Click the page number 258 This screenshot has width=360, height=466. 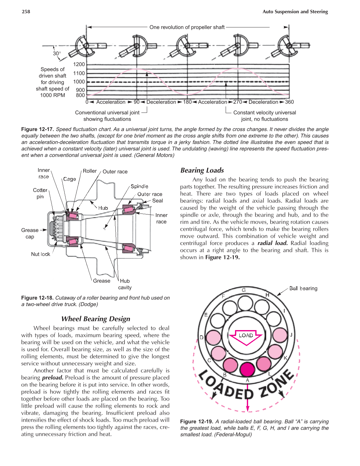26,12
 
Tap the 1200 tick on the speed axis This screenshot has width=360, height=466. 79,64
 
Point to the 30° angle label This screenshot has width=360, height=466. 57,53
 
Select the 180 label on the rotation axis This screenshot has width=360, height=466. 187,102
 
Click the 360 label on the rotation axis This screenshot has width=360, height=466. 289,102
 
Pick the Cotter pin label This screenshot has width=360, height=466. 40,193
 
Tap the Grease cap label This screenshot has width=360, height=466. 30,233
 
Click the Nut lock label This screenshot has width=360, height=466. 41,254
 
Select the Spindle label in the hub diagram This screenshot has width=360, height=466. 139,186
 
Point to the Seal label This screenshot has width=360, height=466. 157,201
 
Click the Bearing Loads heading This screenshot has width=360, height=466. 202,170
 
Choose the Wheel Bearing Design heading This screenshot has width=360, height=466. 96,319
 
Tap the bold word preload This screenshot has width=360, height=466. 53,377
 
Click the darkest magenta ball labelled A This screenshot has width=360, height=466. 247,370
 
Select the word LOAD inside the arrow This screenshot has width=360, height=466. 246,335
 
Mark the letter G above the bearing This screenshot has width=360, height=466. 244,290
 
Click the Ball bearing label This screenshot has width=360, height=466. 303,288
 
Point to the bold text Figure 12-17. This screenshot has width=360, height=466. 37,129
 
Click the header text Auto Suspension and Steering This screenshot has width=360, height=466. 295,12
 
